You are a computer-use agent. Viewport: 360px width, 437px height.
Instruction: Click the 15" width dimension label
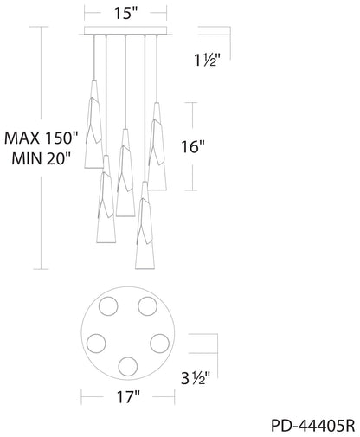(x=126, y=13)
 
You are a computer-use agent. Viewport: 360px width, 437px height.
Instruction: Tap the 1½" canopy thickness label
(x=208, y=61)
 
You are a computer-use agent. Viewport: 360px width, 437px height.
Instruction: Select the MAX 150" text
(x=42, y=138)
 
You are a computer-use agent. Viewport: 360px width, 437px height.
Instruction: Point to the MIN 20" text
(x=42, y=158)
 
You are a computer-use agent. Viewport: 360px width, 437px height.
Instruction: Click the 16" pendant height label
(x=193, y=147)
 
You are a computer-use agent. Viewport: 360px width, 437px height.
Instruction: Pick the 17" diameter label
(x=128, y=397)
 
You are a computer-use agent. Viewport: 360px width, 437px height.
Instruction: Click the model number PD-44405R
(x=313, y=426)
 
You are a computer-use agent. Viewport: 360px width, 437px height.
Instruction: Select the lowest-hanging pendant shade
(x=145, y=226)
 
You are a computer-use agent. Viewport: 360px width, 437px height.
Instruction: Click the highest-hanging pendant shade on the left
(x=93, y=125)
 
